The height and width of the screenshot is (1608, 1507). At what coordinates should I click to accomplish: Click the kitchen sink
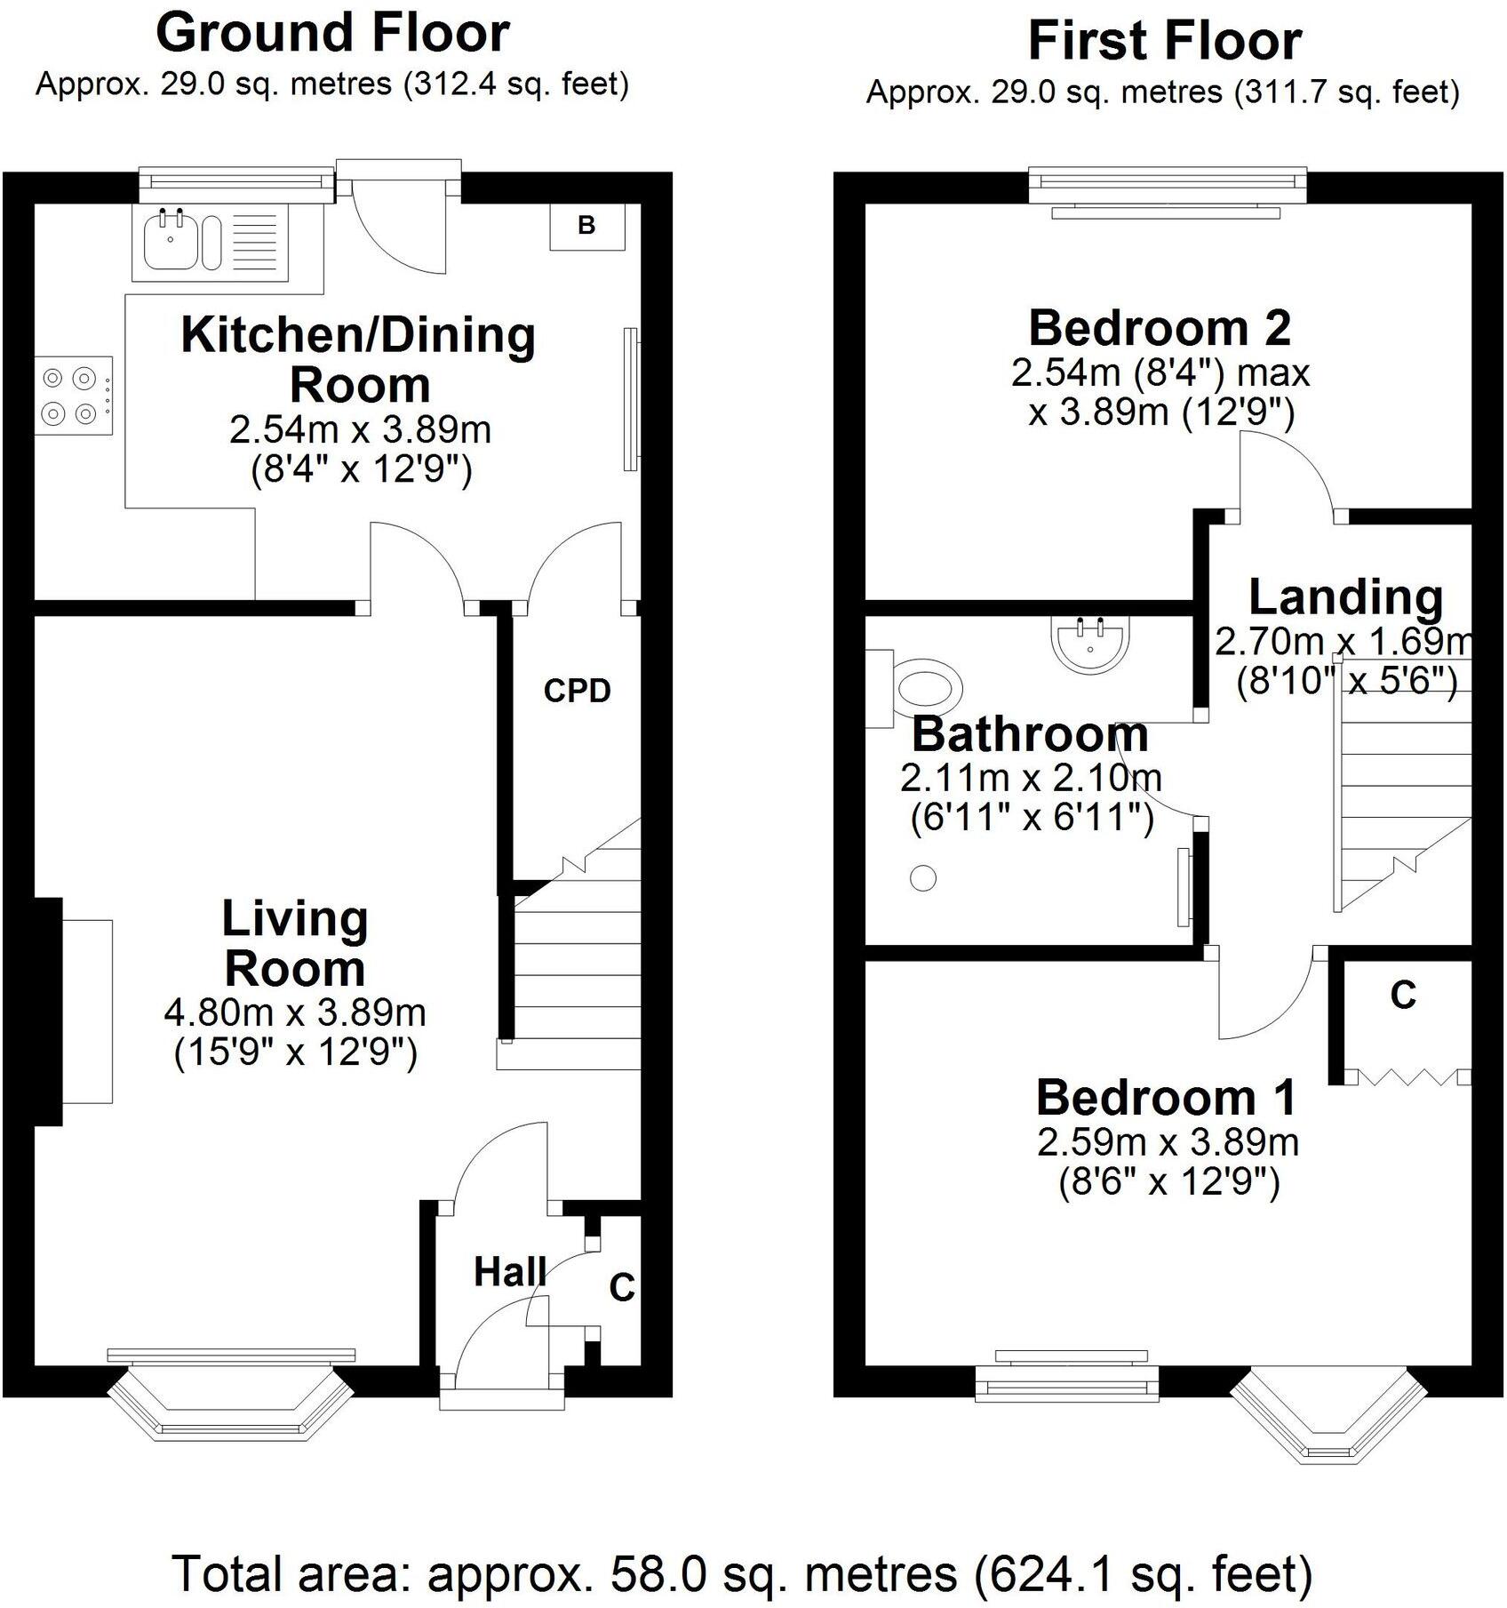point(182,240)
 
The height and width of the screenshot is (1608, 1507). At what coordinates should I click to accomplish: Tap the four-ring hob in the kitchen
point(73,396)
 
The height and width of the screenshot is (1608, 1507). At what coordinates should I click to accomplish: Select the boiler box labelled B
point(586,226)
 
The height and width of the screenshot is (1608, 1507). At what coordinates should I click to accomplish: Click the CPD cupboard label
point(578,691)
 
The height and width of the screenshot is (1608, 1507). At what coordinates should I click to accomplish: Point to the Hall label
point(509,1272)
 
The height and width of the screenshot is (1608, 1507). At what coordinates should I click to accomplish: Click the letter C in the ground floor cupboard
point(622,1287)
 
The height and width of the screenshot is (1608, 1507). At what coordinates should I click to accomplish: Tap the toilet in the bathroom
point(924,689)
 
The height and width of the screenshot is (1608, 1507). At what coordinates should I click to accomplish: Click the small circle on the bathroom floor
point(923,878)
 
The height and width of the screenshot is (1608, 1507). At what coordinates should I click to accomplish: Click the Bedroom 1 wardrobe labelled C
point(1403,996)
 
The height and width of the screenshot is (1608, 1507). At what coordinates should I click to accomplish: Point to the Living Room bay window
point(231,1404)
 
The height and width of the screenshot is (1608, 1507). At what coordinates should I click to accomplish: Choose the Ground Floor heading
point(332,34)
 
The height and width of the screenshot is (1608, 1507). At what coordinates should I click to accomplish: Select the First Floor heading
point(1164,42)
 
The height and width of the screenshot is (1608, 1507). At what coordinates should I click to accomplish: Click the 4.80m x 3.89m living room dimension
point(295,1012)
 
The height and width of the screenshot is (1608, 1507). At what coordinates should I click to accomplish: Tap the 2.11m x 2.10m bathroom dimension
point(1031,779)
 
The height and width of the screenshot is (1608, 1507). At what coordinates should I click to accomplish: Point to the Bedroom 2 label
point(1160,328)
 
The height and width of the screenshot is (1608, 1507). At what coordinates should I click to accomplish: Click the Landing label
point(1345,597)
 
